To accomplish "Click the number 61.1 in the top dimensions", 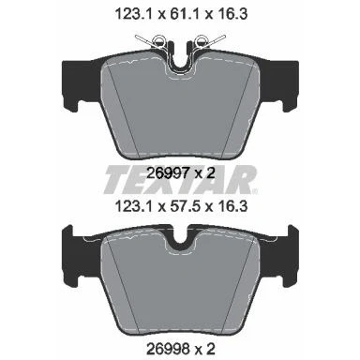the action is (x=182, y=14).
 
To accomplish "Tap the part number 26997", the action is (x=168, y=172).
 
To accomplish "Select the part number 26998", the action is (x=168, y=349).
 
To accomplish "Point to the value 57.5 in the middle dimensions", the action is (x=182, y=206).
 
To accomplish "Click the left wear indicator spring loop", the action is (x=158, y=41).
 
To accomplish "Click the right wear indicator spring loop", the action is (x=201, y=41).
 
